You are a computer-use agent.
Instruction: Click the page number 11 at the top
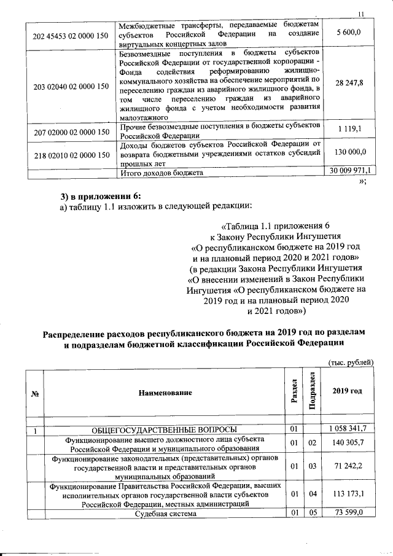click(360, 14)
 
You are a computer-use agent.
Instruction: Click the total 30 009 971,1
click(349, 171)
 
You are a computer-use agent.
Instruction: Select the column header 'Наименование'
click(165, 392)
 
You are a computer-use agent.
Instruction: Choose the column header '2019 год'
click(346, 392)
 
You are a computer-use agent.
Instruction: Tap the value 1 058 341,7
click(347, 428)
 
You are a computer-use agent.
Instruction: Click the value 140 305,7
click(347, 443)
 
